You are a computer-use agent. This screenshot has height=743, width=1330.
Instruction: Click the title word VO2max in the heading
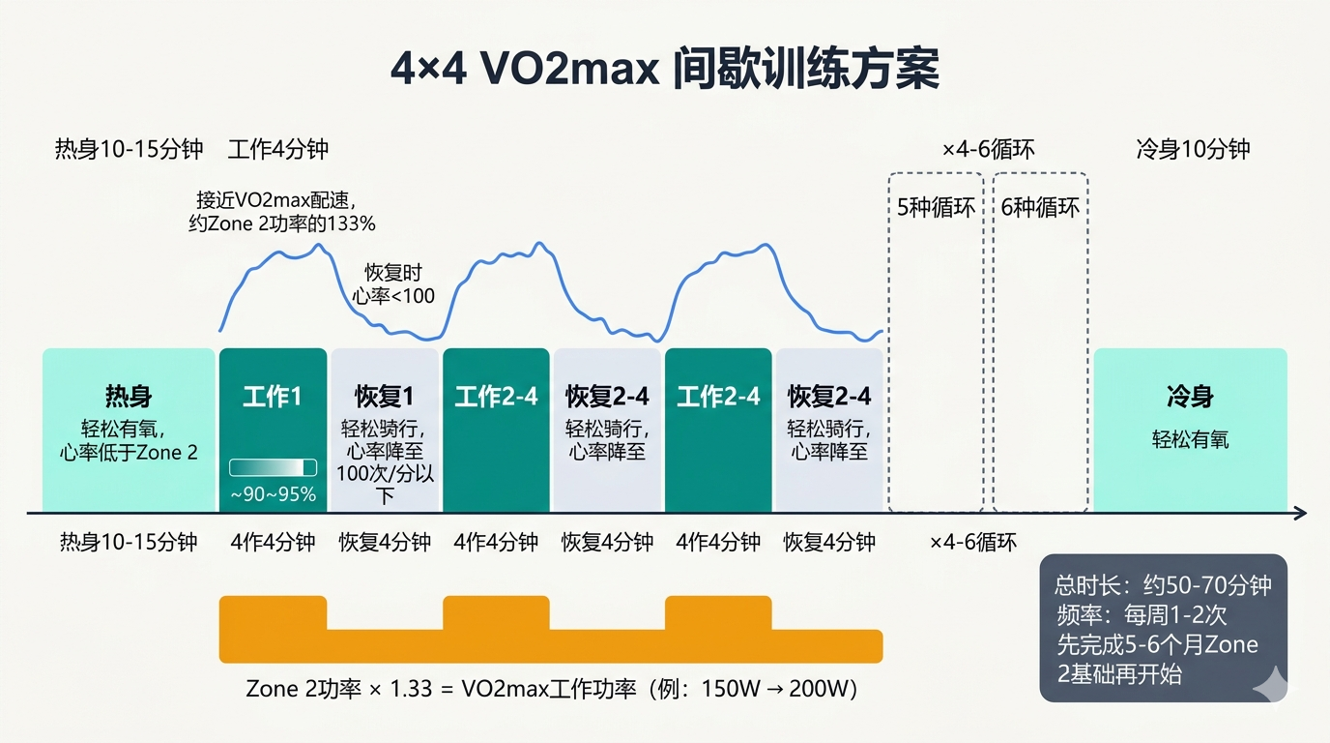pyautogui.click(x=558, y=71)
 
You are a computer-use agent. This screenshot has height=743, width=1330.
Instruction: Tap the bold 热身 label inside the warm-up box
pyautogui.click(x=129, y=397)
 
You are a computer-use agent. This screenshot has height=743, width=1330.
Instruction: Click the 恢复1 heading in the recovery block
pyautogui.click(x=384, y=397)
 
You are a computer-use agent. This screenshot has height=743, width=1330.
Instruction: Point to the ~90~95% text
pyautogui.click(x=273, y=495)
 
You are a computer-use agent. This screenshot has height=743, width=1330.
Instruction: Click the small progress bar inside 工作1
pyautogui.click(x=273, y=467)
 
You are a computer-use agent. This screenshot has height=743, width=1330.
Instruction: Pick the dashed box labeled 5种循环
pyautogui.click(x=936, y=342)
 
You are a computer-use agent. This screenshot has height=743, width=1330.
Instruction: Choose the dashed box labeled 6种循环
pyautogui.click(x=1040, y=342)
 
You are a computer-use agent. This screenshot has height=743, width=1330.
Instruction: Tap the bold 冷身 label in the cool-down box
pyautogui.click(x=1190, y=397)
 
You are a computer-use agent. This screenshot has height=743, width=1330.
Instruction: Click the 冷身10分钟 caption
pyautogui.click(x=1193, y=149)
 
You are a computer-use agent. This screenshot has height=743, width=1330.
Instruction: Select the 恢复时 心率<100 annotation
pyautogui.click(x=392, y=284)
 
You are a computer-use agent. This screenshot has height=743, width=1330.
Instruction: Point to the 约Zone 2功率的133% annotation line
pyautogui.click(x=281, y=223)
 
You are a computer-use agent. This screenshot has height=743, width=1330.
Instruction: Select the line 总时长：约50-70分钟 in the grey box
pyautogui.click(x=1162, y=585)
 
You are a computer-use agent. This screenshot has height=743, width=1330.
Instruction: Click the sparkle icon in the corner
pyautogui.click(x=1269, y=683)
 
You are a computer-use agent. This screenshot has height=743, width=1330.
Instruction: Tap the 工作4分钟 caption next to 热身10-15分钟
pyautogui.click(x=278, y=149)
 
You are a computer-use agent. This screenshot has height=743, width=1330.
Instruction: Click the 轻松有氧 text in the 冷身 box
pyautogui.click(x=1190, y=439)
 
